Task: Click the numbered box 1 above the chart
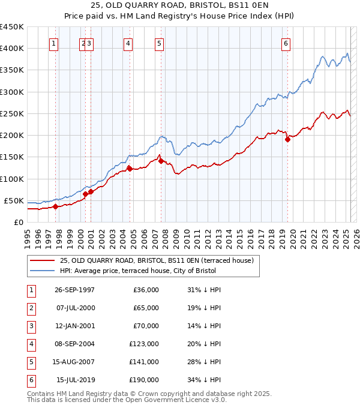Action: [x=54, y=43]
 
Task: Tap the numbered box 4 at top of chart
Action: [x=128, y=43]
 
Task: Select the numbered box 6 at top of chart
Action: [x=286, y=43]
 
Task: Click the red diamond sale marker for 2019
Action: [x=287, y=140]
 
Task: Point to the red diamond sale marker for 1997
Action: [x=55, y=206]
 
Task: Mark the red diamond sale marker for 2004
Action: [x=130, y=169]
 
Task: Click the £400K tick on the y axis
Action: [x=12, y=49]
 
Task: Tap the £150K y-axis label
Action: [x=12, y=157]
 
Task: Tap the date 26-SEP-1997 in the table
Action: [x=74, y=290]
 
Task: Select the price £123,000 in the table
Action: [x=144, y=344]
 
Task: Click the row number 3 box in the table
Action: [x=30, y=326]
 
